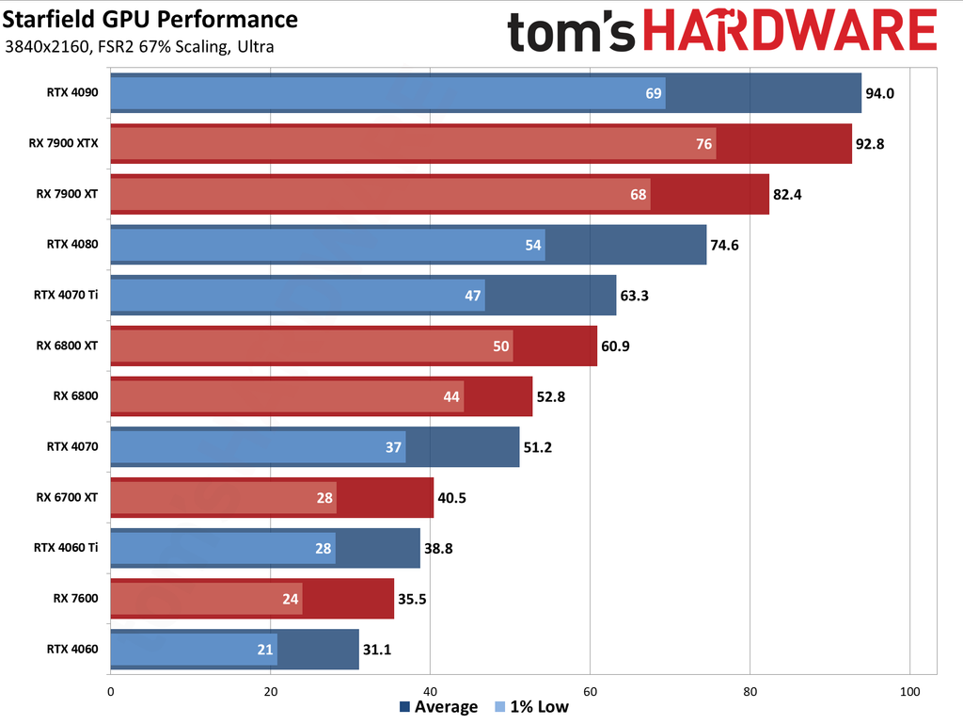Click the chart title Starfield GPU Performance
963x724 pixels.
pyautogui.click(x=150, y=20)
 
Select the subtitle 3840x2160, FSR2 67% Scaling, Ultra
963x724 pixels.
pyautogui.click(x=139, y=47)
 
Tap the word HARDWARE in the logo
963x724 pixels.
pyautogui.click(x=797, y=32)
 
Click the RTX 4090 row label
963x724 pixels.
pyautogui.click(x=72, y=92)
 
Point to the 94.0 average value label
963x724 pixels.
pyautogui.click(x=880, y=93)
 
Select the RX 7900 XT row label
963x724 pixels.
pyautogui.click(x=67, y=194)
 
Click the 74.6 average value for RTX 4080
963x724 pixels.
pyautogui.click(x=725, y=245)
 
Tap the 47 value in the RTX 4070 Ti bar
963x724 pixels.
pyautogui.click(x=473, y=296)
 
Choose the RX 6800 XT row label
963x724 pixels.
pyautogui.click(x=67, y=346)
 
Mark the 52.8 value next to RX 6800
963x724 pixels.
pyautogui.click(x=551, y=396)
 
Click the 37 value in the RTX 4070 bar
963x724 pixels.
pyautogui.click(x=394, y=447)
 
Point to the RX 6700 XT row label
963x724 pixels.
pyautogui.click(x=67, y=497)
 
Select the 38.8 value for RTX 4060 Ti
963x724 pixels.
pyautogui.click(x=438, y=548)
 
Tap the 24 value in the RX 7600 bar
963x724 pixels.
pyautogui.click(x=291, y=599)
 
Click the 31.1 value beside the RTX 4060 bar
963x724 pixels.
pyautogui.click(x=377, y=650)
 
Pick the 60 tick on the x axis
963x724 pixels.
pyautogui.click(x=590, y=692)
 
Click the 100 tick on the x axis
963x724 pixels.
pyautogui.click(x=909, y=692)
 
